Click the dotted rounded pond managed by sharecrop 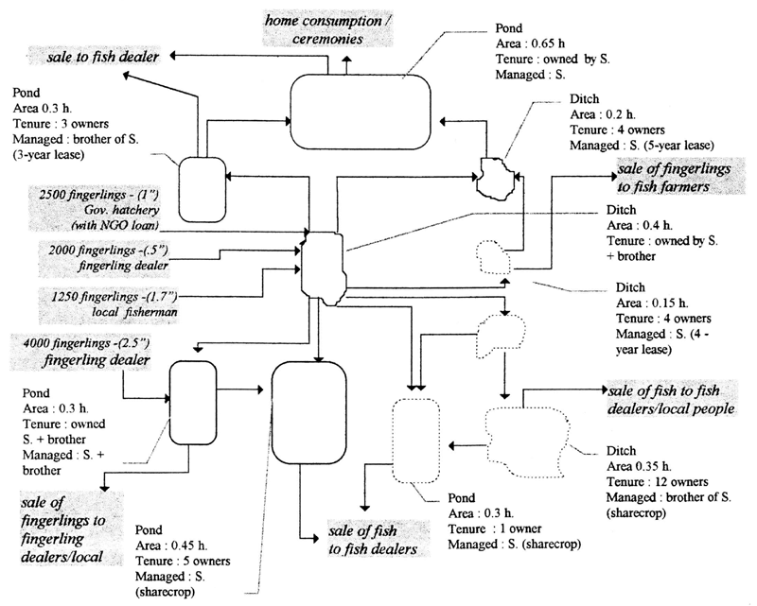pos(417,441)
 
